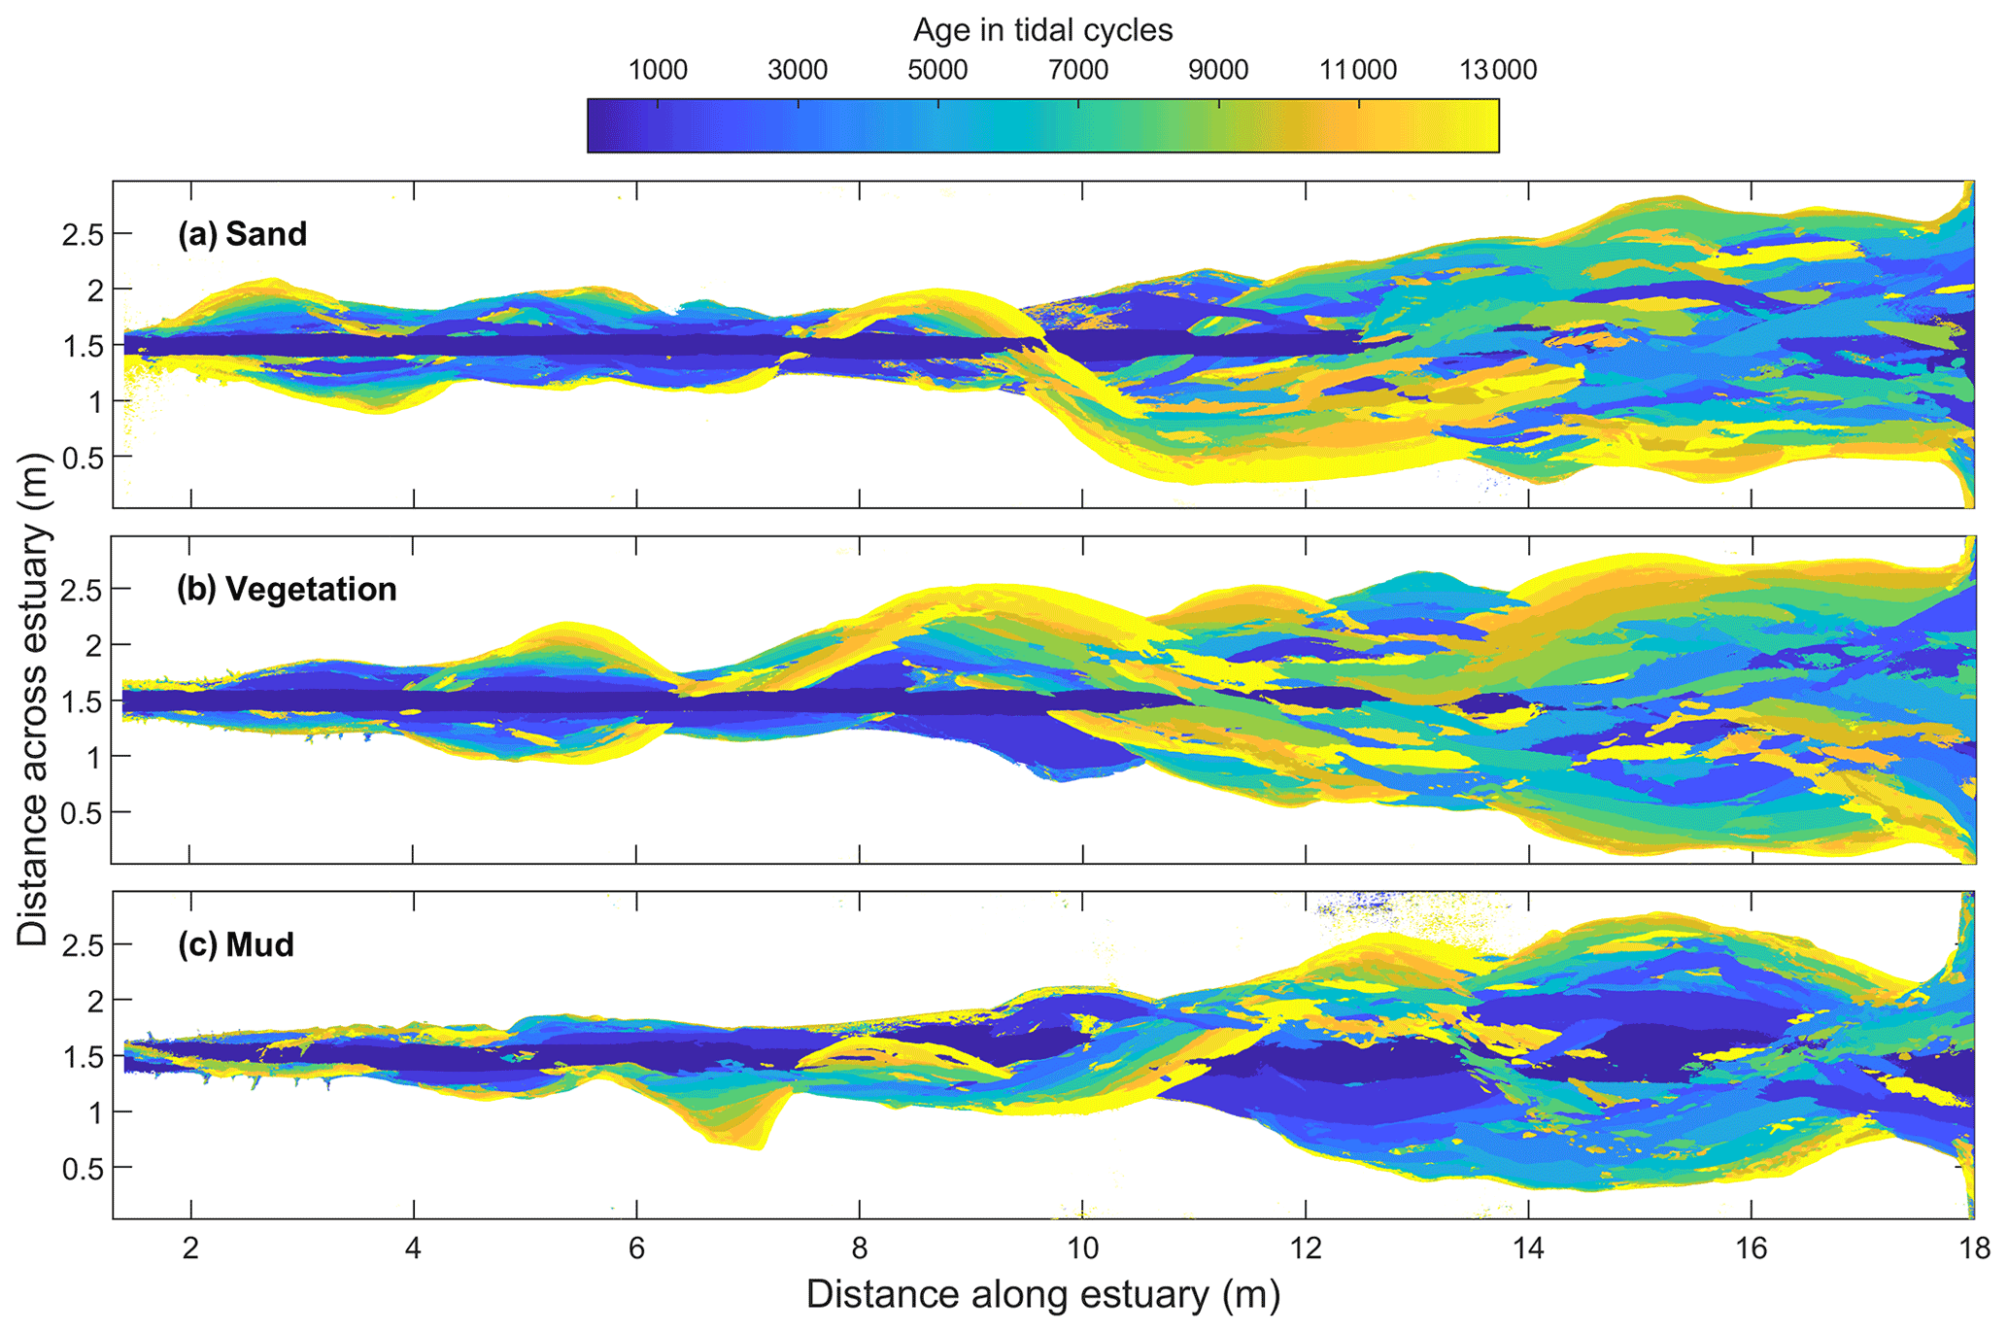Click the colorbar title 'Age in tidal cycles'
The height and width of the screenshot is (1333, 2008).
[1042, 31]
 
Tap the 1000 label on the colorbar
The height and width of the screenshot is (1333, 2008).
[658, 70]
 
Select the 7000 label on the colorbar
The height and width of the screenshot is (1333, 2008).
[1078, 70]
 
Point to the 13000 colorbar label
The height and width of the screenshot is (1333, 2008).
[1498, 70]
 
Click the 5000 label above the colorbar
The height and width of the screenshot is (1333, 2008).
[937, 70]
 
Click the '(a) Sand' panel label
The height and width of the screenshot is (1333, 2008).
[242, 234]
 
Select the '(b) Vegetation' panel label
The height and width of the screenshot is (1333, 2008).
[287, 589]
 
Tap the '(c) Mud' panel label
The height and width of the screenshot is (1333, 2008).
[235, 944]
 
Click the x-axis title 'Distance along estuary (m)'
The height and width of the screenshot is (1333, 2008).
[1042, 1295]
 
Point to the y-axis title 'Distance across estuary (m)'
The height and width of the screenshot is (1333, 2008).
[33, 700]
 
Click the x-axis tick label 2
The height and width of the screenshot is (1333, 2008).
[190, 1248]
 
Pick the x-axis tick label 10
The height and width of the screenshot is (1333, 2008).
[1082, 1248]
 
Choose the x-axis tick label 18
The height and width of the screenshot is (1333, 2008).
[1974, 1248]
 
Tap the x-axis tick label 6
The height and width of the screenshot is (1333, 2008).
[636, 1248]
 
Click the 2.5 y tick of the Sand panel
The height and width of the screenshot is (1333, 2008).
[82, 234]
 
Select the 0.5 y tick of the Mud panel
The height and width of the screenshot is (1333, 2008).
[82, 1168]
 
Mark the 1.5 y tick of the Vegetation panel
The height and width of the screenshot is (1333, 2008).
[82, 701]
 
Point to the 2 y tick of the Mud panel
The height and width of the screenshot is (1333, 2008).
[95, 1000]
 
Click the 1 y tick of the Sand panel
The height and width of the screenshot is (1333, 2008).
[95, 401]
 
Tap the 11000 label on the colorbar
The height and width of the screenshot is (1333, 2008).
[1358, 70]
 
